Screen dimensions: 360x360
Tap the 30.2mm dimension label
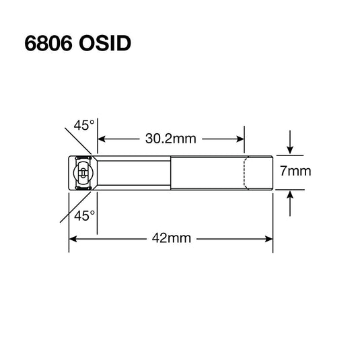pos(171,139)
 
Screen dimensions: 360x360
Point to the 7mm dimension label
pos(296,171)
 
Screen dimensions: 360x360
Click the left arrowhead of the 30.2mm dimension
pos(101,139)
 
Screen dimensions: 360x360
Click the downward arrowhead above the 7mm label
pos(291,149)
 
